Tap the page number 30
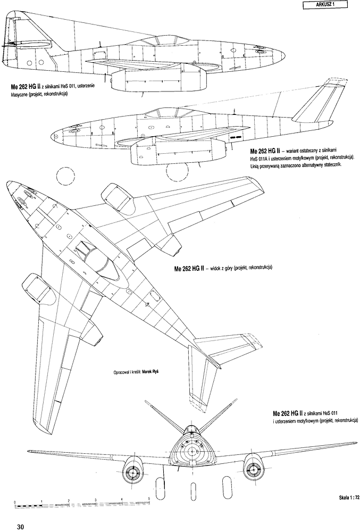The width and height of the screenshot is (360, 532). click(x=20, y=527)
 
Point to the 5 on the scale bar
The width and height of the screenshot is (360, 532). click(x=149, y=498)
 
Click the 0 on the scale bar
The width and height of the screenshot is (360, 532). click(x=15, y=502)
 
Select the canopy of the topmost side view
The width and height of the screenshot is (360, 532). click(x=167, y=40)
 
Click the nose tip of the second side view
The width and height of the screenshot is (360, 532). click(x=52, y=137)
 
